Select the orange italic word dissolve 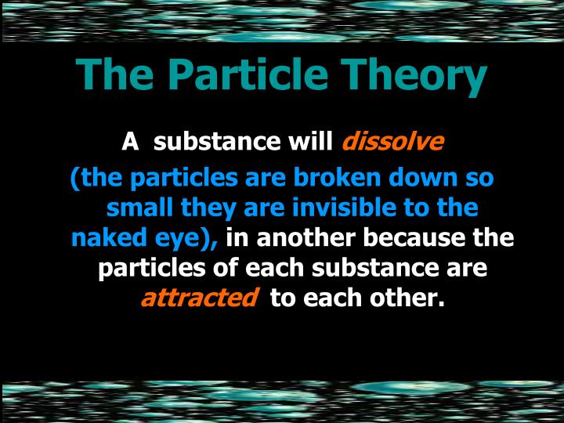click(x=392, y=143)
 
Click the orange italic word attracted click(x=199, y=298)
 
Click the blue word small click(x=138, y=208)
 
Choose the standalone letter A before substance click(x=130, y=143)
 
